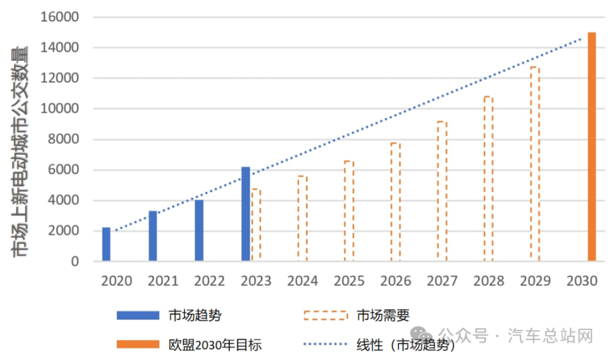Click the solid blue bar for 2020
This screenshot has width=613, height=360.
pyautogui.click(x=106, y=244)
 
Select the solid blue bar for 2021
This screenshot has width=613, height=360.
pyautogui.click(x=153, y=236)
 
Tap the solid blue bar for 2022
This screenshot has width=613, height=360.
pyautogui.click(x=199, y=230)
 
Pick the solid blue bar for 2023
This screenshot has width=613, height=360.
pyautogui.click(x=246, y=214)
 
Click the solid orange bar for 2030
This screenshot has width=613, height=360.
pyautogui.click(x=592, y=147)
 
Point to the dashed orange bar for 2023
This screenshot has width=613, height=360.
pyautogui.click(x=256, y=225)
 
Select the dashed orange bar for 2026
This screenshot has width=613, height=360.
pyautogui.click(x=395, y=202)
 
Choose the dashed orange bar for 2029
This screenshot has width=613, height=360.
pyautogui.click(x=534, y=164)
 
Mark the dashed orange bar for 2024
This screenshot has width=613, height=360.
pyautogui.click(x=302, y=218)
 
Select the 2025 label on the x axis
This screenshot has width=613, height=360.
pyautogui.click(x=349, y=281)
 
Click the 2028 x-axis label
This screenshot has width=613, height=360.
pyautogui.click(x=488, y=281)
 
